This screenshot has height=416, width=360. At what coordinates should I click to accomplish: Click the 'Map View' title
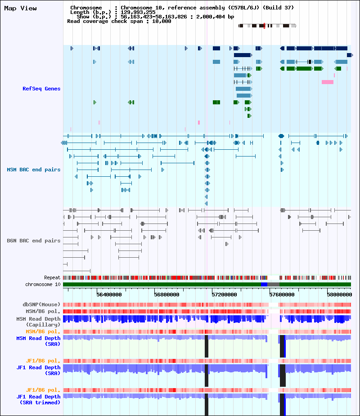click(x=20, y=9)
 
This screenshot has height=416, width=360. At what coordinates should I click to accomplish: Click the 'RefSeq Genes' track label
click(x=41, y=89)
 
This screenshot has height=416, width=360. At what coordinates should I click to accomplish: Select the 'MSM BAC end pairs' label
click(x=34, y=170)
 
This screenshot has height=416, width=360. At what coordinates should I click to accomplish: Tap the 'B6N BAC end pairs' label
click(x=34, y=241)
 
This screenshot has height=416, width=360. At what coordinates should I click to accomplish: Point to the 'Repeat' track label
click(x=52, y=278)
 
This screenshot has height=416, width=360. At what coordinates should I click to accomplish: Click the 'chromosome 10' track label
click(x=43, y=284)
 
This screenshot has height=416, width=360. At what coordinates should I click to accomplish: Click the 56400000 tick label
click(x=109, y=295)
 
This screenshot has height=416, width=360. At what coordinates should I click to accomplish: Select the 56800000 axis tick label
click(x=166, y=295)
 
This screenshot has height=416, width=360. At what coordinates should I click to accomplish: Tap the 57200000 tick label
click(x=224, y=295)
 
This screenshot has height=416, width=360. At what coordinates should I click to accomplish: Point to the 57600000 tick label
click(x=282, y=295)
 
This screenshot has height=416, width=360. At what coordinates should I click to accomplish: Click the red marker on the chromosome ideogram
click(x=264, y=26)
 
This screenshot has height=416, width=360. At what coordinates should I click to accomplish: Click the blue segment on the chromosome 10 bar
click(x=264, y=284)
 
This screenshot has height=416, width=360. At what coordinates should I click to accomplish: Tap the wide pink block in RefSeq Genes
click(x=328, y=82)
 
